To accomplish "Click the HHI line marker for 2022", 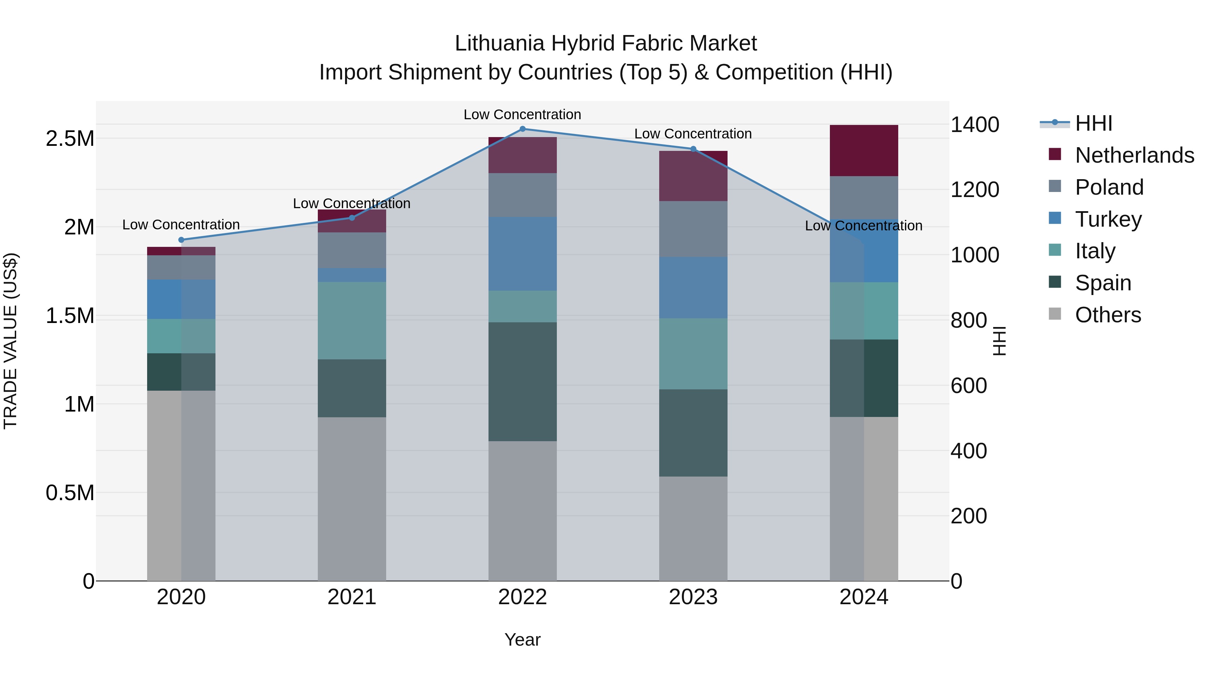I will pyautogui.click(x=522, y=129).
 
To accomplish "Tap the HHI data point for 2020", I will pyautogui.click(x=181, y=240).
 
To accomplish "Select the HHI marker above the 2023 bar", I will pyautogui.click(x=693, y=149).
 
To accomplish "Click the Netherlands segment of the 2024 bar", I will pyautogui.click(x=864, y=151).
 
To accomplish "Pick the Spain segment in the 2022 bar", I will pyautogui.click(x=522, y=382).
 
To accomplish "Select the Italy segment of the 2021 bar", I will pyautogui.click(x=352, y=321).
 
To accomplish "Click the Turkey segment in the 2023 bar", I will pyautogui.click(x=693, y=288).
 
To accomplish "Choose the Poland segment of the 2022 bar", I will pyautogui.click(x=522, y=195).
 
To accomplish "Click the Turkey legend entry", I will pyautogui.click(x=1108, y=219).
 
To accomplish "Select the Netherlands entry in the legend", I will pyautogui.click(x=1134, y=155).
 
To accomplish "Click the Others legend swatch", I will pyautogui.click(x=1055, y=314).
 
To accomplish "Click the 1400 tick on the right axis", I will pyautogui.click(x=974, y=125).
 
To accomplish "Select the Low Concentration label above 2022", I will pyautogui.click(x=522, y=115).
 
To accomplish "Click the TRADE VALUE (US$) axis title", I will pyautogui.click(x=10, y=341).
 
